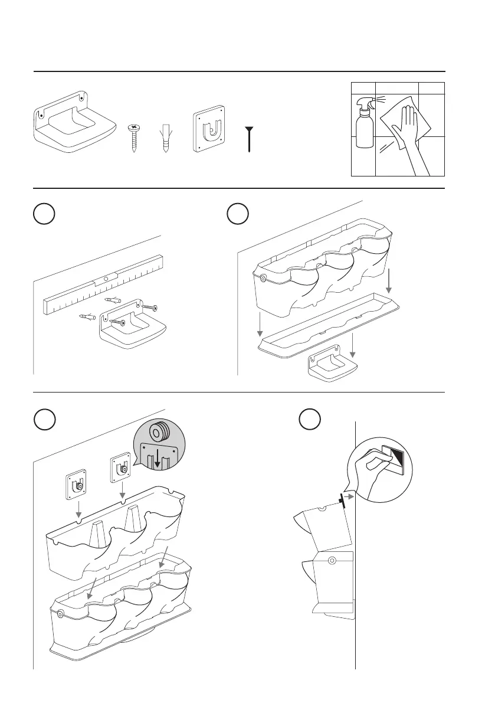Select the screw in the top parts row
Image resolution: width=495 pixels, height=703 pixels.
(135, 137)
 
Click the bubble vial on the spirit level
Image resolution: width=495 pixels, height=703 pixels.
(106, 276)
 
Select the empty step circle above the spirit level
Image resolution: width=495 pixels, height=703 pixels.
(44, 214)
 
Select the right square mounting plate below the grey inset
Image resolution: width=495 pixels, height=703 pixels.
(121, 469)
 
